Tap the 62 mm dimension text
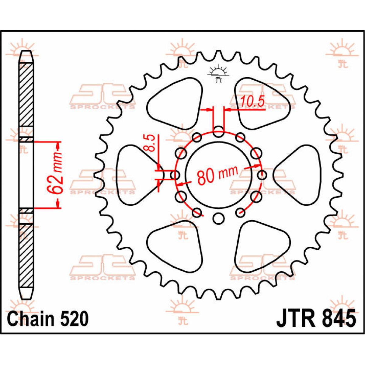tap(55, 173)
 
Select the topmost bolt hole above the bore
tap(218, 131)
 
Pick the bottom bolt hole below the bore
tap(218, 218)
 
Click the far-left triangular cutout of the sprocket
tap(133, 175)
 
